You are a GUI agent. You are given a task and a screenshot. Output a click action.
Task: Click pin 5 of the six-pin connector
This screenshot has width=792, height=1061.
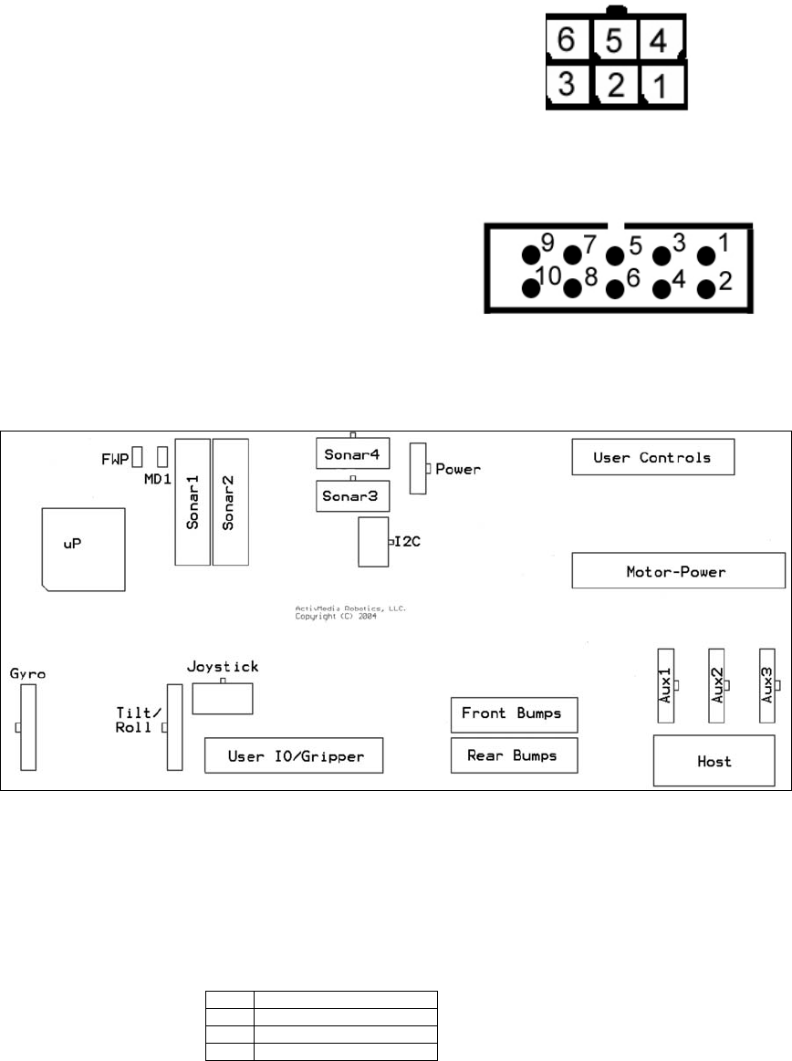617,39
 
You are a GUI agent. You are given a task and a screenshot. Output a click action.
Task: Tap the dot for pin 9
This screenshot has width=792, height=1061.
531,255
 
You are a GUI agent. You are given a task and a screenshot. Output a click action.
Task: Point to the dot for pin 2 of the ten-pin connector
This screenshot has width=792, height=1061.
706,288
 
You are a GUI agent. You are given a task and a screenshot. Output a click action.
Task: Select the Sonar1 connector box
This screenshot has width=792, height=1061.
193,502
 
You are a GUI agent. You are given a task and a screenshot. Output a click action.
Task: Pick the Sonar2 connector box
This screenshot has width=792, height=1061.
230,502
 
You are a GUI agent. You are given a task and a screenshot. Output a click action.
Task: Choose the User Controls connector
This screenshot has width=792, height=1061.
652,457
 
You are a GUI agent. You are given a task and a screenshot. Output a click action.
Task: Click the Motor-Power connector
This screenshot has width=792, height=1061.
678,572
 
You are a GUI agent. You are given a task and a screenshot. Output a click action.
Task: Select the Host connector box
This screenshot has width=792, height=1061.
713,760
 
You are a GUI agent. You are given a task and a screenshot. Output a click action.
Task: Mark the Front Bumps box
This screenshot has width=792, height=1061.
514,714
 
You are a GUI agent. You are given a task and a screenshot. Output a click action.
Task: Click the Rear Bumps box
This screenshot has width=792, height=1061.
514,755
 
